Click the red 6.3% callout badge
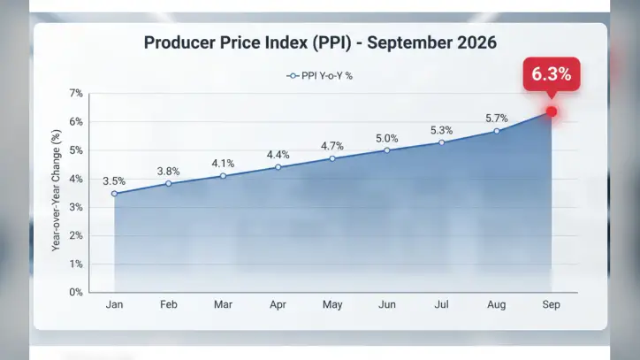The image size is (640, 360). (x=552, y=74)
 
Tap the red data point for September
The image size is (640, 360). (x=552, y=111)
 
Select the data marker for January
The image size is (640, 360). (x=114, y=194)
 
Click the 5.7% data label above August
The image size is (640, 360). (x=496, y=119)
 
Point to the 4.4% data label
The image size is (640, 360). (x=278, y=155)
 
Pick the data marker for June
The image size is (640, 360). (x=387, y=150)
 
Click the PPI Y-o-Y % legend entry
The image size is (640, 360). (x=320, y=76)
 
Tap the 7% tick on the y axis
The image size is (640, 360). (x=76, y=93)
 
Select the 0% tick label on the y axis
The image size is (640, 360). (x=76, y=292)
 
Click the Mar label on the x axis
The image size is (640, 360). (x=224, y=304)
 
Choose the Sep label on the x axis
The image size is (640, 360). (x=551, y=304)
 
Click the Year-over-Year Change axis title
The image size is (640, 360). (x=56, y=190)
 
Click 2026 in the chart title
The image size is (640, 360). (x=476, y=42)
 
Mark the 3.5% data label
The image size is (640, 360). (x=114, y=181)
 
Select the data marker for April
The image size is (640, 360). (x=278, y=167)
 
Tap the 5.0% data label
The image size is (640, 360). (x=387, y=139)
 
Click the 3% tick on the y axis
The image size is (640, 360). (x=76, y=207)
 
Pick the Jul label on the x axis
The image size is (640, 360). (x=442, y=304)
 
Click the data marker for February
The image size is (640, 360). (x=169, y=184)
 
